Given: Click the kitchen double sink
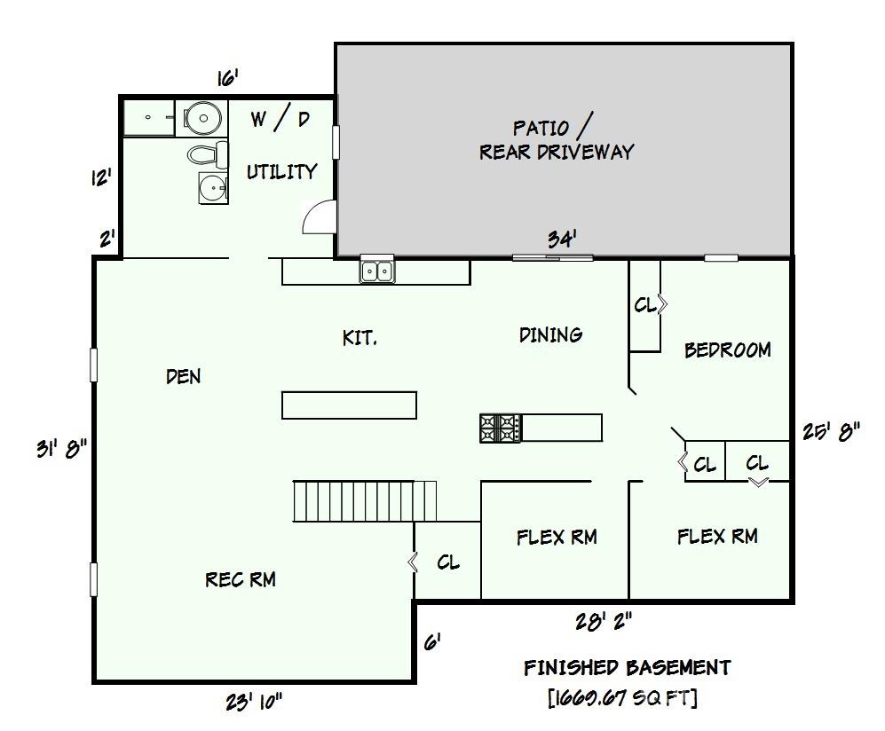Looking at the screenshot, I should pyautogui.click(x=377, y=270).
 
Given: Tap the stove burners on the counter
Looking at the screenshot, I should pyautogui.click(x=501, y=428).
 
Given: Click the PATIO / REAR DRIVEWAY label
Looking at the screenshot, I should pyautogui.click(x=557, y=139).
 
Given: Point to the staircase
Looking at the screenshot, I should pyautogui.click(x=364, y=501).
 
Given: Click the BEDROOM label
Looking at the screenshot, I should pyautogui.click(x=727, y=350).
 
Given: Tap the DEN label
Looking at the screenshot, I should pyautogui.click(x=183, y=376).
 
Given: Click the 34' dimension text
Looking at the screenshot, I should pyautogui.click(x=562, y=240).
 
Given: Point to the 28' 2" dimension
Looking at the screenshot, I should pyautogui.click(x=604, y=622).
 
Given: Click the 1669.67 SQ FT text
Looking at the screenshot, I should pyautogui.click(x=622, y=698).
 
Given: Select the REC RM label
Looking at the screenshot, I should pyautogui.click(x=240, y=579).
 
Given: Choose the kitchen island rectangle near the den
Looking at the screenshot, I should pyautogui.click(x=349, y=405).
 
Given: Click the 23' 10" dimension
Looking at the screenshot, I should pyautogui.click(x=253, y=702).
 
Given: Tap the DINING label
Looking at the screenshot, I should pyautogui.click(x=550, y=334).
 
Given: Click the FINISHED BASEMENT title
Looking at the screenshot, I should pyautogui.click(x=627, y=667).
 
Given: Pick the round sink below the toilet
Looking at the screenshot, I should pyautogui.click(x=211, y=188).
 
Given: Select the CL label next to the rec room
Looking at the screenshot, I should pyautogui.click(x=448, y=562).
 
